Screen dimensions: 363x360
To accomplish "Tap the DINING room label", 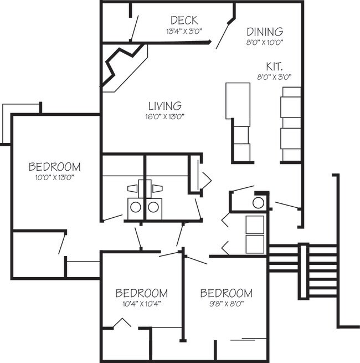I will pos(265,32).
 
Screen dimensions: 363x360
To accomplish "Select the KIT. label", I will pos(274,66).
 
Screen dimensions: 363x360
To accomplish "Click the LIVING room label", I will pos(165,105).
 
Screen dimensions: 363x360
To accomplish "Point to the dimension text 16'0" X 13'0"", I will pos(165,117).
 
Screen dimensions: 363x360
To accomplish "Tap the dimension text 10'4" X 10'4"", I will pos(141,304).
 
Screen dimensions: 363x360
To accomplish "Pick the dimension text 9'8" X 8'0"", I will pos(226,304).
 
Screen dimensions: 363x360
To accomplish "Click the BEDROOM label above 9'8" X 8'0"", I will pos(226,293).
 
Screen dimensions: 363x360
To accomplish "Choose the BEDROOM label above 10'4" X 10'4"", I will pos(141,293).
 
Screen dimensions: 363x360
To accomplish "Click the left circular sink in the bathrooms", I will pos(135,207).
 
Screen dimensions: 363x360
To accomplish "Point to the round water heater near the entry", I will pos(259,202).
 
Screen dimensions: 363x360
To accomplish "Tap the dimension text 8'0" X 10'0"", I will pos(265,42).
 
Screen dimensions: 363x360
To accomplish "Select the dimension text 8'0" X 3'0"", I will pos(274,77).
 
